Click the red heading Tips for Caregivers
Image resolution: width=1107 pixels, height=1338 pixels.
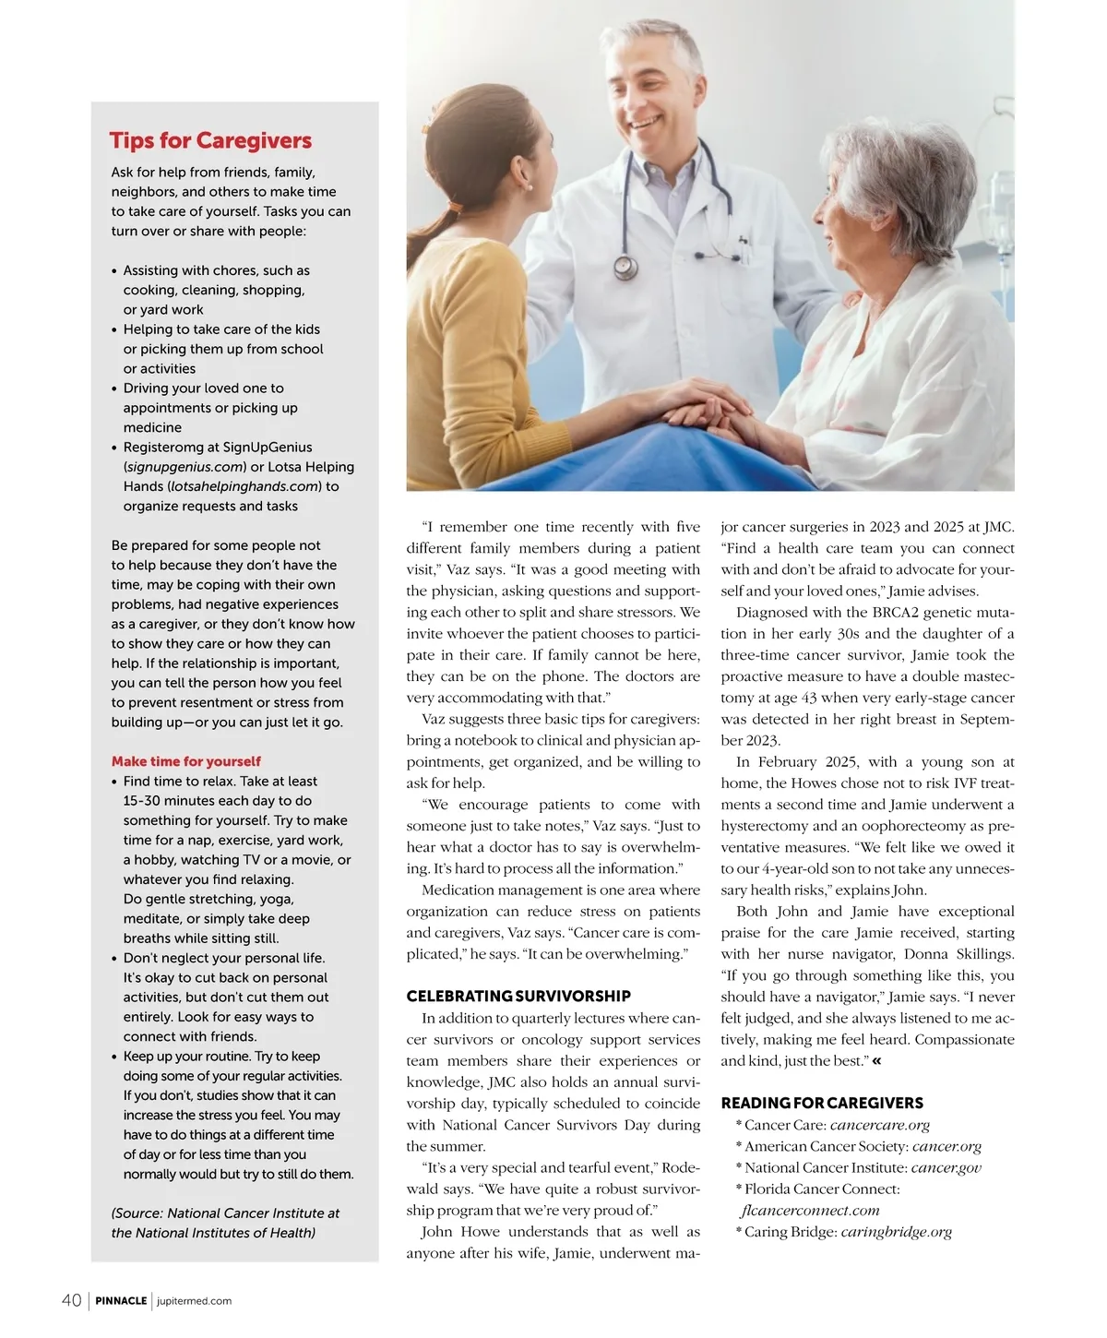click(x=210, y=140)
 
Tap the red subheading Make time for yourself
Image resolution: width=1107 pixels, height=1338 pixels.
click(x=185, y=761)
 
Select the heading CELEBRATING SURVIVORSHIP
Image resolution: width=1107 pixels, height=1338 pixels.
click(x=518, y=996)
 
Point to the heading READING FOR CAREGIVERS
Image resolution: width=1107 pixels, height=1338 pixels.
click(x=822, y=1103)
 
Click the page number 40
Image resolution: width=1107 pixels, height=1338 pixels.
click(x=71, y=1300)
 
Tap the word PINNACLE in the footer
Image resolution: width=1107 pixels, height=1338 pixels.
click(x=121, y=1301)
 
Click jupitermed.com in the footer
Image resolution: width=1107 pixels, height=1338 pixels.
click(x=195, y=1301)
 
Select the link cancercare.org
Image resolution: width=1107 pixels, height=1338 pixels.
click(x=879, y=1125)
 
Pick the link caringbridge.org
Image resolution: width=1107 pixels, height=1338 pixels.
click(x=896, y=1232)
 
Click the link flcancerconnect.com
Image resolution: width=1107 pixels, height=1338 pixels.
click(x=810, y=1211)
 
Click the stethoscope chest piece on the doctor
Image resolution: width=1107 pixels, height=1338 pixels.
click(x=625, y=268)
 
